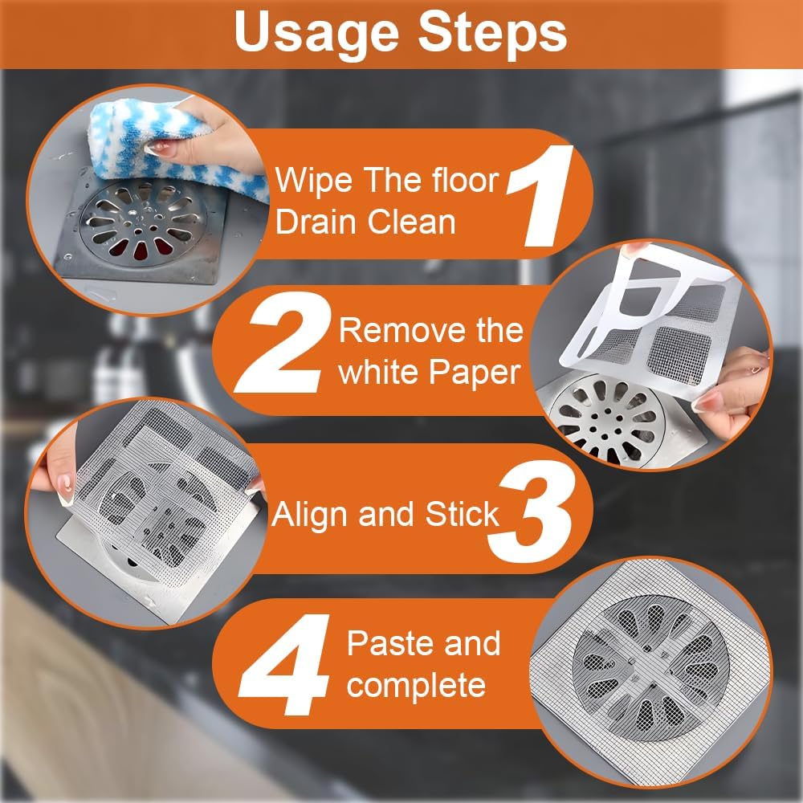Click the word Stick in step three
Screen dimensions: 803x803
[x=462, y=515]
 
